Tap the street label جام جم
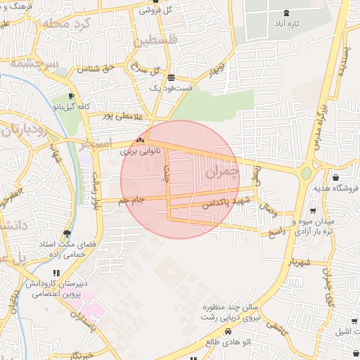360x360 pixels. [131, 201]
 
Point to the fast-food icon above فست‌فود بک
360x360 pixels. [172, 77]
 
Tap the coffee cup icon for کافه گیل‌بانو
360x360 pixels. [71, 96]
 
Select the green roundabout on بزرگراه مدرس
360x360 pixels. [306, 172]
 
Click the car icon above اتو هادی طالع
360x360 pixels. [227, 330]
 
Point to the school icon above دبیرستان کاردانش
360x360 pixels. [56, 273]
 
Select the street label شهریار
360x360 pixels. [298, 261]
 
